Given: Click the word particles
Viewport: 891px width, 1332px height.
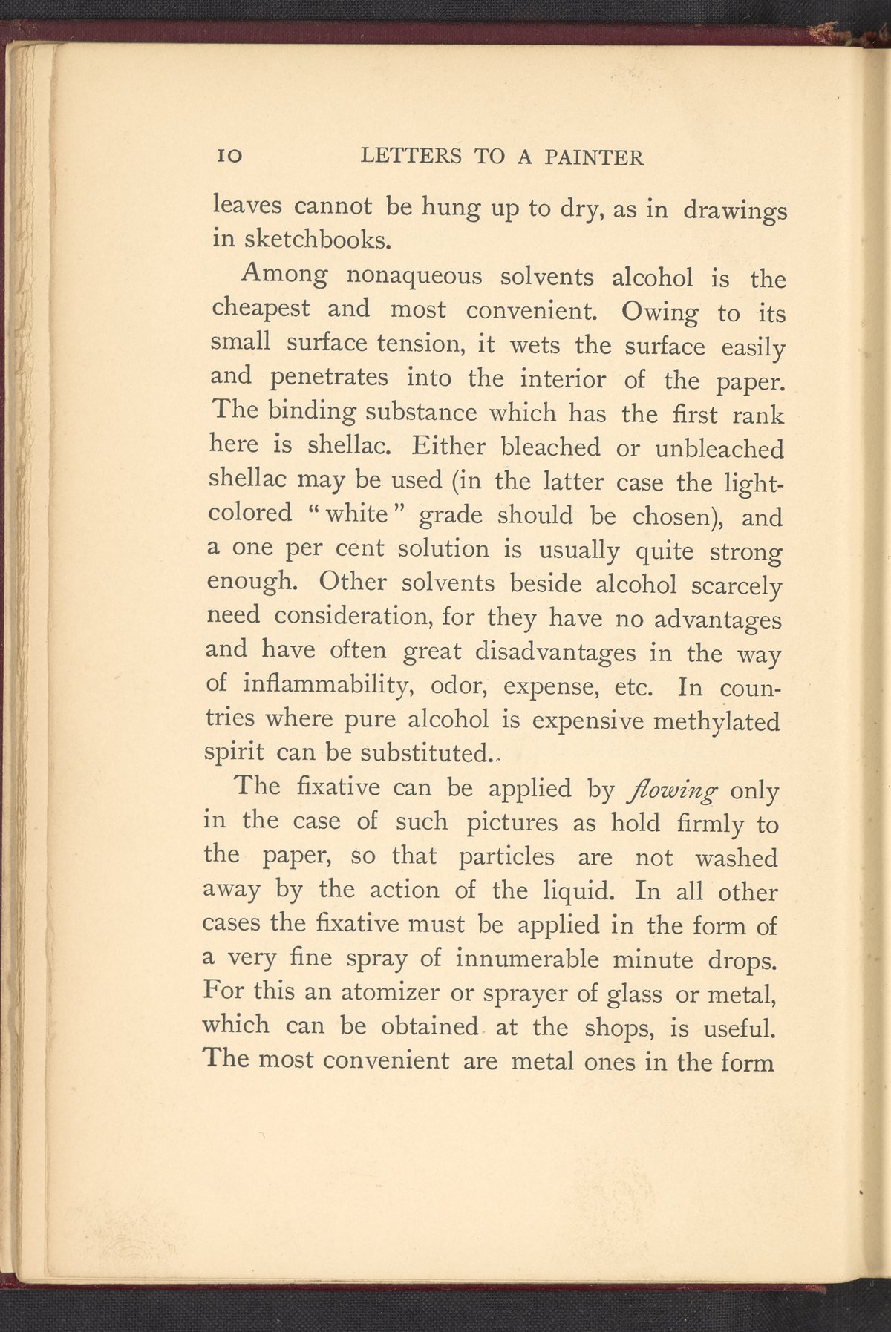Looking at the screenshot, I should pyautogui.click(x=506, y=856).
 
